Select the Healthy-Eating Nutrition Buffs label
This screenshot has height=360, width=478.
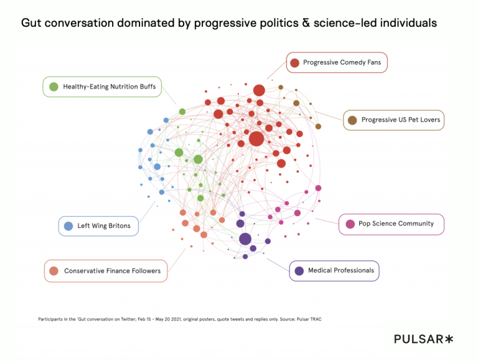[x=109, y=87]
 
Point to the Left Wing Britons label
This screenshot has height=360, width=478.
[x=103, y=225]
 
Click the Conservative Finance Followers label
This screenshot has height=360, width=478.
[x=112, y=271]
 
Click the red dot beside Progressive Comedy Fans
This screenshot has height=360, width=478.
[x=294, y=62]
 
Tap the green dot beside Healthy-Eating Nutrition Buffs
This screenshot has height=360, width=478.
[x=54, y=87]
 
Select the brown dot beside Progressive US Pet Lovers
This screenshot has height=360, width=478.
[x=352, y=120]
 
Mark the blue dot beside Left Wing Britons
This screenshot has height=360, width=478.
[x=68, y=225]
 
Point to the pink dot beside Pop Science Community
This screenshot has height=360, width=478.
[x=350, y=224]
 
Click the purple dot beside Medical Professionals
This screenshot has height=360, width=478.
[x=299, y=270]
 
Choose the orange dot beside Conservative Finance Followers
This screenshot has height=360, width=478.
[x=54, y=271]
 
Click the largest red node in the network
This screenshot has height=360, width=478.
[x=256, y=138]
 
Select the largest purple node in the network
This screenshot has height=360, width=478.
[x=245, y=239]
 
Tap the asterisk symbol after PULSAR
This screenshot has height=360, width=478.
[x=449, y=339]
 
